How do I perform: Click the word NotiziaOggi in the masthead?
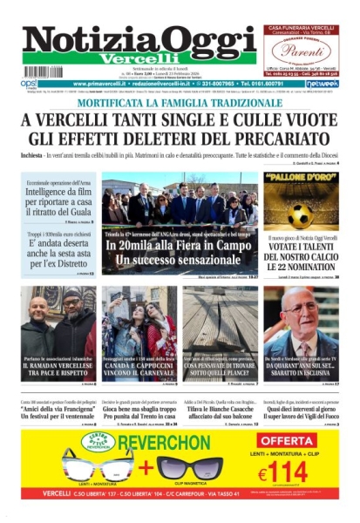pyautogui.click(x=138, y=40)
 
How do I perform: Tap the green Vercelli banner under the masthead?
pyautogui.click(x=138, y=58)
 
